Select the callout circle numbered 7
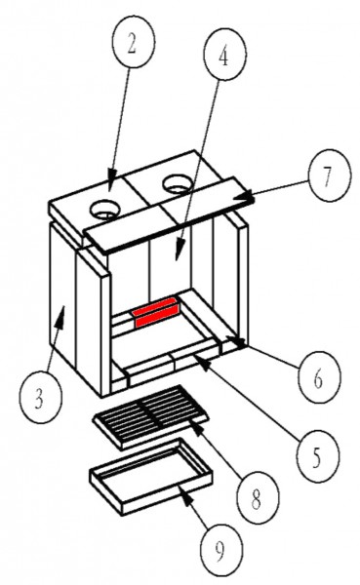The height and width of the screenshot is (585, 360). (x=330, y=175)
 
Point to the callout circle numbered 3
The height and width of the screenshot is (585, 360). (x=40, y=398)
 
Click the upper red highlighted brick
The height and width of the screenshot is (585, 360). (x=156, y=304)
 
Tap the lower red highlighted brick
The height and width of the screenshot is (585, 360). (x=157, y=318)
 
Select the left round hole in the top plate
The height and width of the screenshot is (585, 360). (x=105, y=209)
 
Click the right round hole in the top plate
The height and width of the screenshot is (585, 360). (x=179, y=183)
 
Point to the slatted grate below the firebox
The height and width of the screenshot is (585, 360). (x=150, y=416)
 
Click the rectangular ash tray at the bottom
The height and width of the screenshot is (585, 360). (x=151, y=476)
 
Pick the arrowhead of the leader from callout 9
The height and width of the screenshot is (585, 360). (x=185, y=494)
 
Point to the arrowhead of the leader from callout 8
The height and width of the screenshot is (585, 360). (x=199, y=429)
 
